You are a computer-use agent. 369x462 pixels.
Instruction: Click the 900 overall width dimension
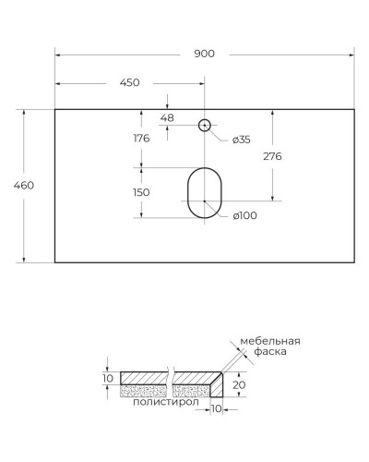click(204, 53)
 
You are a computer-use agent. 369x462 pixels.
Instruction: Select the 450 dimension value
click(129, 83)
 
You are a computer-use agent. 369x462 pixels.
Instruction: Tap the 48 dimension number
click(167, 117)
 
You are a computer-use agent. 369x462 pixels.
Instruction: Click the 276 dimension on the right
click(272, 157)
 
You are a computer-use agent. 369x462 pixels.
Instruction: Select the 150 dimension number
click(141, 193)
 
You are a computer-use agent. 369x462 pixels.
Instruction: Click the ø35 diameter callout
click(240, 140)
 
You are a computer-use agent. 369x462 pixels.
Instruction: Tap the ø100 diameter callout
click(244, 215)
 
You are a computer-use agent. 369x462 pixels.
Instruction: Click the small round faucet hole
click(205, 124)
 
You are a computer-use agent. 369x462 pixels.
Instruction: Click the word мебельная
click(270, 341)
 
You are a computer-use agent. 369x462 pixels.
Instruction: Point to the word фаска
click(272, 352)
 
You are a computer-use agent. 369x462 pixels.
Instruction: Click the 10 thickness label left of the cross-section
click(107, 379)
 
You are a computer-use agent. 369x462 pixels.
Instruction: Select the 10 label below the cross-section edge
click(217, 407)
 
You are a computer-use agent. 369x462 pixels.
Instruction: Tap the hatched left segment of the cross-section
click(145, 377)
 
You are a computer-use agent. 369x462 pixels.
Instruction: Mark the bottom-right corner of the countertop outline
click(354, 262)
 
